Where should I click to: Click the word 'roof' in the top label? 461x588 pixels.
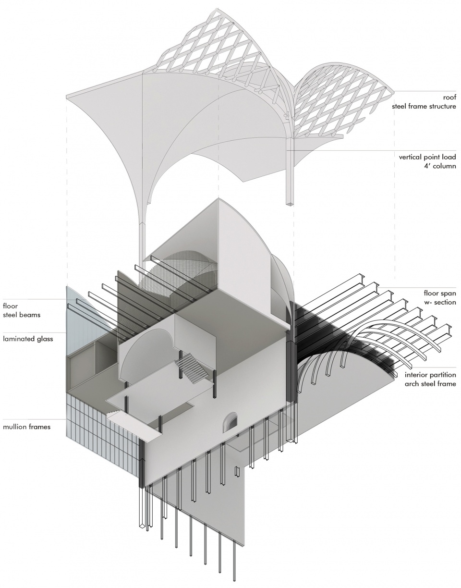pyautogui.click(x=449, y=98)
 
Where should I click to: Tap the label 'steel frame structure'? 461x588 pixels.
pyautogui.click(x=424, y=106)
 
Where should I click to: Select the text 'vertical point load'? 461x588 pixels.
pyautogui.click(x=427, y=157)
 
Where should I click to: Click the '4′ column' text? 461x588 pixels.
pyautogui.click(x=441, y=166)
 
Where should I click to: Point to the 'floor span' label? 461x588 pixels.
pyautogui.click(x=440, y=294)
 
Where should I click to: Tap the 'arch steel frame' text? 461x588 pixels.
pyautogui.click(x=430, y=383)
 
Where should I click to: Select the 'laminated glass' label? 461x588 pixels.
pyautogui.click(x=28, y=339)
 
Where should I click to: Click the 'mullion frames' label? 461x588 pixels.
pyautogui.click(x=26, y=427)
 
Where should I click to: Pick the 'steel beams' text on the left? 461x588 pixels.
pyautogui.click(x=22, y=315)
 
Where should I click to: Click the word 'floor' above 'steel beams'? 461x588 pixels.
pyautogui.click(x=10, y=306)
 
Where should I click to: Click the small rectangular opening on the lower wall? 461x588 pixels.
pyautogui.click(x=237, y=472)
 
